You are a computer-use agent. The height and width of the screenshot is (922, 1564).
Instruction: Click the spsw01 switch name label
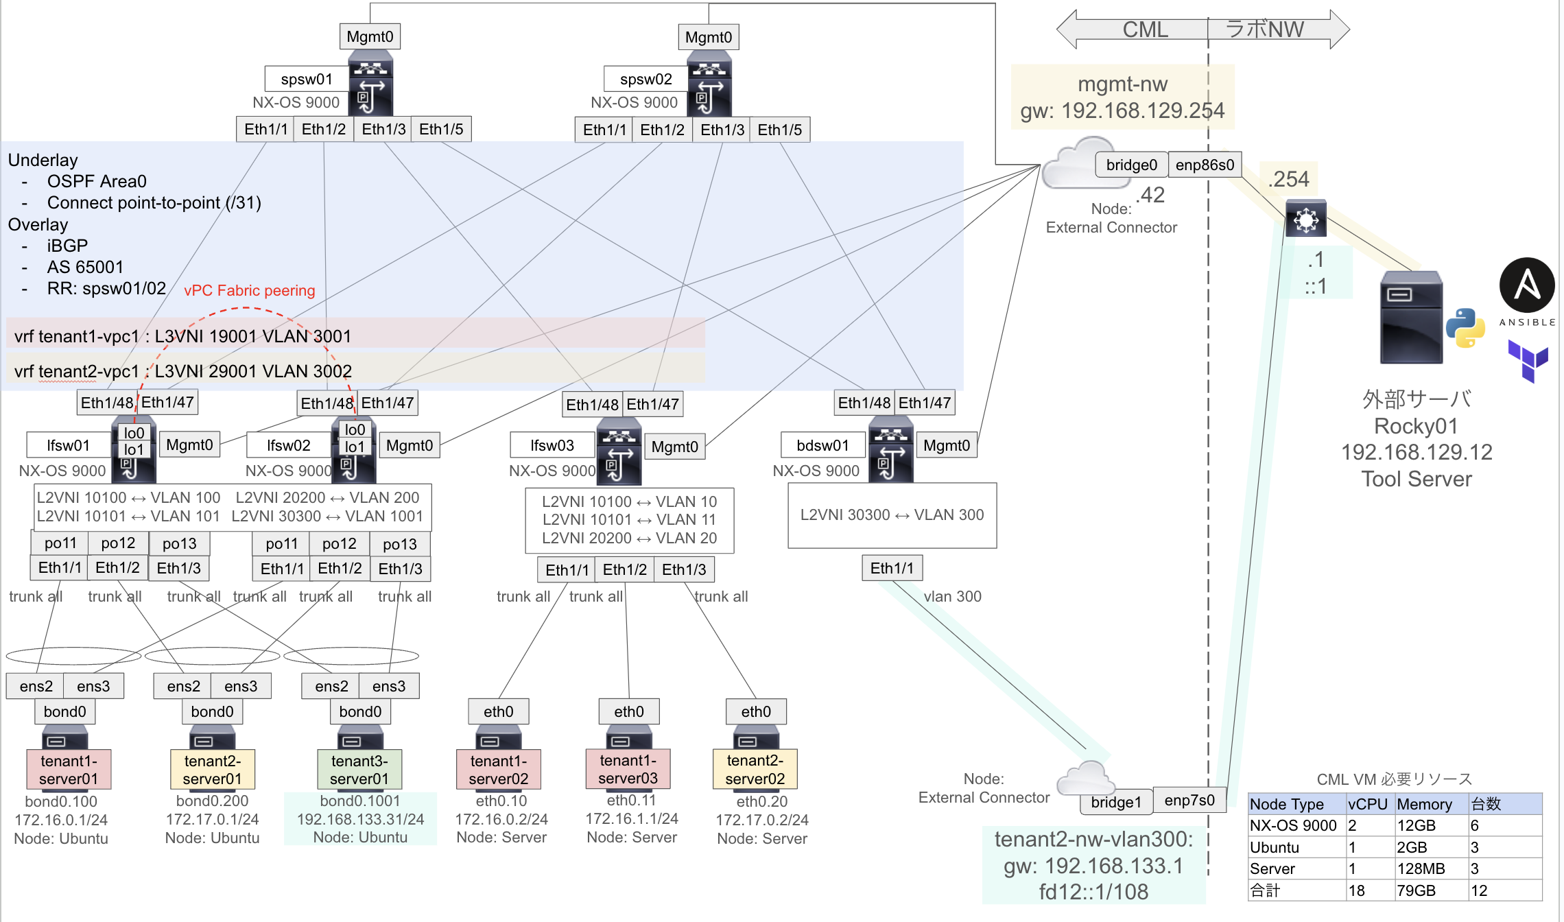(306, 79)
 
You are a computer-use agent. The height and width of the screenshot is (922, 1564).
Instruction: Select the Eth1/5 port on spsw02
(779, 130)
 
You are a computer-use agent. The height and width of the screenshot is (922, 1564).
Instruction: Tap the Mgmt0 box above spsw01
(370, 36)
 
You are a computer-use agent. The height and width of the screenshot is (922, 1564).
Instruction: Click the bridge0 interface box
(1131, 165)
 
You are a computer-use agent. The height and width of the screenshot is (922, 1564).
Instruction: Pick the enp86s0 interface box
(1205, 165)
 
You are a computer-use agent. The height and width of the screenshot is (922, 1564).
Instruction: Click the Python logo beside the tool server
(1465, 328)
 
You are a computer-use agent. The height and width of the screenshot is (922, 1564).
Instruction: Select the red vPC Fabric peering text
(249, 291)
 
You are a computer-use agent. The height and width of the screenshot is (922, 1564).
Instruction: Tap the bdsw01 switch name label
(822, 445)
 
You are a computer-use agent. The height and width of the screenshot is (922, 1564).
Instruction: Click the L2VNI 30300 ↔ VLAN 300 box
(892, 515)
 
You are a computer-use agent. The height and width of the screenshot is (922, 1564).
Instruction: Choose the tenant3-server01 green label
(359, 770)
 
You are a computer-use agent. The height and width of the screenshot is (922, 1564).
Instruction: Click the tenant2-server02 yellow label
(755, 770)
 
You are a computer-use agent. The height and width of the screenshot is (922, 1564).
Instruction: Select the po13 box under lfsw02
(399, 544)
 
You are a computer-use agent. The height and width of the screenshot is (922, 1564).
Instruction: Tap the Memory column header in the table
(1424, 804)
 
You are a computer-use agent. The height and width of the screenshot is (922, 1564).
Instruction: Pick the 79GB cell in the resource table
(1416, 890)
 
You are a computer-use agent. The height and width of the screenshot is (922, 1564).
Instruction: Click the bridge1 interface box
(1116, 802)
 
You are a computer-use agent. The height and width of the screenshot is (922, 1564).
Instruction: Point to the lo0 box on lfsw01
(134, 433)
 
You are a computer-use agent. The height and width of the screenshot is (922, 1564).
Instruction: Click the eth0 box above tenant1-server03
(628, 711)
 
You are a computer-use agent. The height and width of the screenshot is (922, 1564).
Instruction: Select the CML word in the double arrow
(1144, 29)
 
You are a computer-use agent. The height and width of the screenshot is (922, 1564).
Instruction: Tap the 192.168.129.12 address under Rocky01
(1416, 452)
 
